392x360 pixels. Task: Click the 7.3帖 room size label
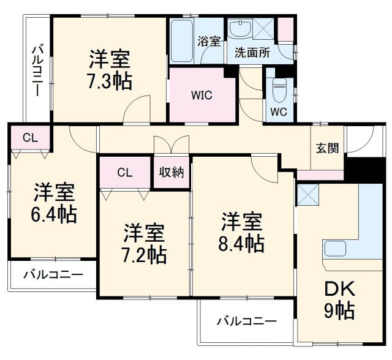coord(110,81)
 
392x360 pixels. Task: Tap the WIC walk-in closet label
coord(202,96)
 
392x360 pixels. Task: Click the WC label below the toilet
coord(279,112)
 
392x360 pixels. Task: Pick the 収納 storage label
coord(171,172)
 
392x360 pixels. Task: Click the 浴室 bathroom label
coord(209,42)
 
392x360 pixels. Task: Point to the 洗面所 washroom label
coord(252,52)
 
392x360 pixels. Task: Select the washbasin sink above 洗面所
coord(240,29)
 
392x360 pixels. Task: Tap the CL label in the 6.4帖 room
coord(30,137)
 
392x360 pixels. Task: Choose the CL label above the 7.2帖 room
coord(124,172)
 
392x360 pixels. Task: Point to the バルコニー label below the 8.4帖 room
coord(246,321)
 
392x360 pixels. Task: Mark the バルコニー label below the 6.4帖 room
coord(53,275)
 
